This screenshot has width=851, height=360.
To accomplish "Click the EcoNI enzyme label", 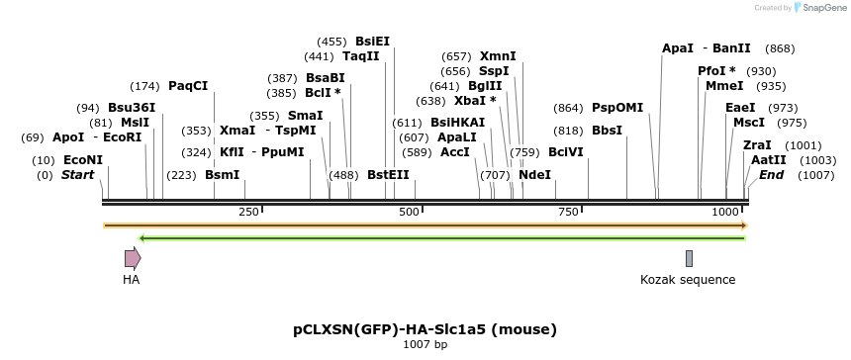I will (x=82, y=160).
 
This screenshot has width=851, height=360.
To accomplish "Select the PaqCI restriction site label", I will (x=188, y=86).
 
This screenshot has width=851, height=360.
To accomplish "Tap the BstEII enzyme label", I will (x=389, y=175).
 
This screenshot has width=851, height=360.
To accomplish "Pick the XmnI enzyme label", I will (x=498, y=56).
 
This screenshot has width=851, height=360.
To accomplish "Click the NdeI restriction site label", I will (x=535, y=175).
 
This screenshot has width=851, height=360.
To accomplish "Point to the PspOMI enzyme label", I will (x=617, y=108).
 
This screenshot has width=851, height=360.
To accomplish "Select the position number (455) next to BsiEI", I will (x=331, y=42).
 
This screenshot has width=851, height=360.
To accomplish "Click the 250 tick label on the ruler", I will (x=248, y=213).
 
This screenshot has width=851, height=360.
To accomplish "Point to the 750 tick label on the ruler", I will (x=568, y=213).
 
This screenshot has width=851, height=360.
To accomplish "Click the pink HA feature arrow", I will (x=133, y=259).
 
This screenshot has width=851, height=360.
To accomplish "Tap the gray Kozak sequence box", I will (x=689, y=259).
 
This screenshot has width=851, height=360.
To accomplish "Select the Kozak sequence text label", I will (x=688, y=280).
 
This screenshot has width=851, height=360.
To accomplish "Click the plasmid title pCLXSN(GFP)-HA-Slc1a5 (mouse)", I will (x=425, y=328).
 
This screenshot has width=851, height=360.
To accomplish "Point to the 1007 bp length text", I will (x=425, y=344).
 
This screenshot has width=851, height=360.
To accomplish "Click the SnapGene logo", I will (x=816, y=8).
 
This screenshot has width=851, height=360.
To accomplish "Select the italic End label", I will (x=771, y=175).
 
